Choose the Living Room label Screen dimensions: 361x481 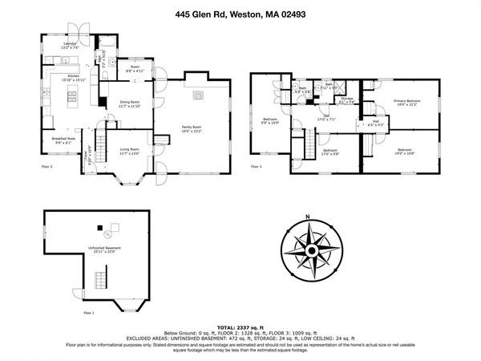coord(130,151)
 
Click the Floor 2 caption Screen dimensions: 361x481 coord(46,166)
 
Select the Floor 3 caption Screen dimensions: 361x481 coord(256,166)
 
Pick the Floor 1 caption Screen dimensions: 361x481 coord(88,313)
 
